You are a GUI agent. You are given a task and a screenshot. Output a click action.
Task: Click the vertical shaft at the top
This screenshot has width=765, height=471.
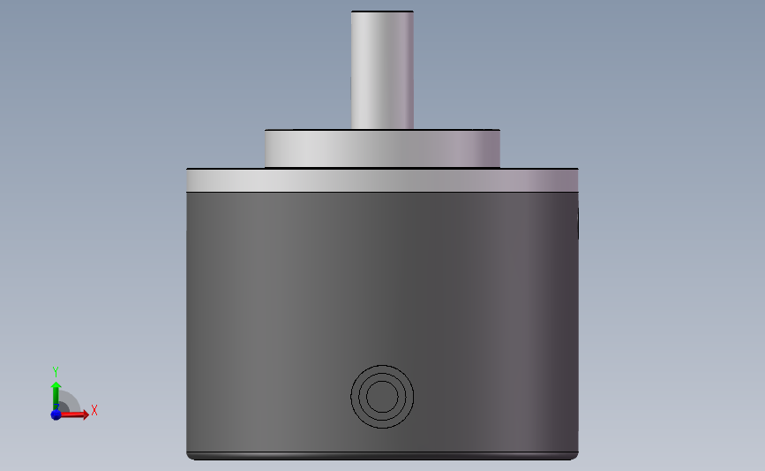click(x=383, y=71)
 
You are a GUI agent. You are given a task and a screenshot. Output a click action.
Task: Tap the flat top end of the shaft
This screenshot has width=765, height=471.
click(x=383, y=11)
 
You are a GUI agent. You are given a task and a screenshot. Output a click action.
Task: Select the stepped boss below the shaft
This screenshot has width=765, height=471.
click(x=383, y=149)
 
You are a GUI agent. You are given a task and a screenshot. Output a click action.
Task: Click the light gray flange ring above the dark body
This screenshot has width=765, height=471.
click(x=383, y=180)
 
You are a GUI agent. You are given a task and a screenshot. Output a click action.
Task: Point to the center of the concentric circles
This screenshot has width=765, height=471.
click(x=382, y=397)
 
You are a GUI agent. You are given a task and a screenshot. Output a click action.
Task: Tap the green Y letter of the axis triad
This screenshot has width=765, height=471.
click(x=55, y=372)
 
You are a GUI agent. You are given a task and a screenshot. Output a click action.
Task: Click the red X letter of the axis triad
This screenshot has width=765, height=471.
click(x=94, y=410)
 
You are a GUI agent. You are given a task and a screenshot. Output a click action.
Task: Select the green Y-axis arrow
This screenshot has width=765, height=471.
click(x=56, y=397)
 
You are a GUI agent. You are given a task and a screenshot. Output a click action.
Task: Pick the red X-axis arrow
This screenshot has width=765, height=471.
click(x=72, y=414)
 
